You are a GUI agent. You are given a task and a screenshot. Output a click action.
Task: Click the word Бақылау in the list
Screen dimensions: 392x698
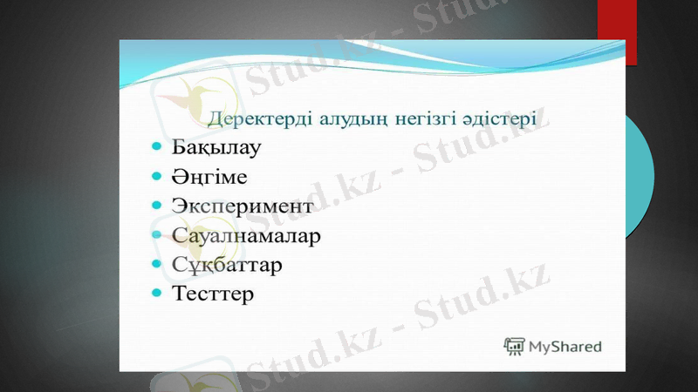(x=216, y=146)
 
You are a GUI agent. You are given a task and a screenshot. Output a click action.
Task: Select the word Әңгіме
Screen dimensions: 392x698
(x=209, y=177)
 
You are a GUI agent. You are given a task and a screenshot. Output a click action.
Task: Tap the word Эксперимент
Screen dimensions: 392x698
(x=242, y=206)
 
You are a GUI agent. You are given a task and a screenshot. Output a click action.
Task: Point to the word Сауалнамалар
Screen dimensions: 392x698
(x=247, y=235)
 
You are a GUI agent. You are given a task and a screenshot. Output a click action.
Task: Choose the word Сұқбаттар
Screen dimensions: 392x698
(x=227, y=264)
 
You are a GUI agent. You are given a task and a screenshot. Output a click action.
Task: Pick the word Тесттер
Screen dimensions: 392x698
(x=213, y=294)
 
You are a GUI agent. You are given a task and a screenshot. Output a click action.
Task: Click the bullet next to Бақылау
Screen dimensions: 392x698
(x=156, y=146)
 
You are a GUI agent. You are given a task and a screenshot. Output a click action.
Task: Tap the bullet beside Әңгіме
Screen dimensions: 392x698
(x=156, y=177)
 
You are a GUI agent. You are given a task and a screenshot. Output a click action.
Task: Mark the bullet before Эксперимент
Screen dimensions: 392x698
(x=156, y=206)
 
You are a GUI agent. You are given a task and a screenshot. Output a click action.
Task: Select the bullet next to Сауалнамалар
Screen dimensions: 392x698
(x=156, y=235)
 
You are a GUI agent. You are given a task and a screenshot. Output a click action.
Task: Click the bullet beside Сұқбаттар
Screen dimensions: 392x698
(x=156, y=264)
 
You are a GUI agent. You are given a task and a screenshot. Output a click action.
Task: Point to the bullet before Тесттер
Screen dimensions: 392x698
(x=156, y=294)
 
